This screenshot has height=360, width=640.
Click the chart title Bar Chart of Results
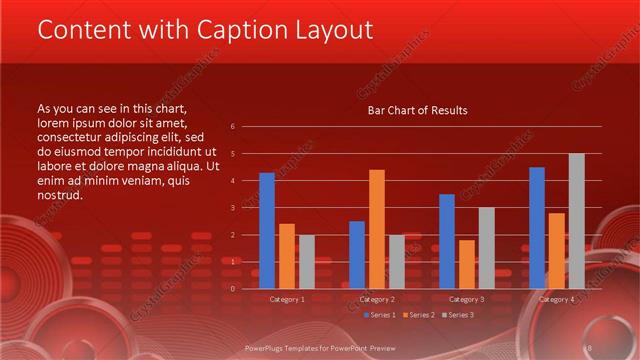click(417, 110)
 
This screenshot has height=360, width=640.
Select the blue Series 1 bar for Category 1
click(267, 230)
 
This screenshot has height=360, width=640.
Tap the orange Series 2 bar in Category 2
click(376, 229)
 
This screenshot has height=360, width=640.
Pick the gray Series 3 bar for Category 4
click(577, 221)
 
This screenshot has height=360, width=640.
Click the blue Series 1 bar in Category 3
click(447, 241)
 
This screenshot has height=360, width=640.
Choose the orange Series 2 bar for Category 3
click(466, 264)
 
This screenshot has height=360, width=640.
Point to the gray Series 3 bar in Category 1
click(307, 262)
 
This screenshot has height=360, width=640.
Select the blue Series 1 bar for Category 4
click(537, 227)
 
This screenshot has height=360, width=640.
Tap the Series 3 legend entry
click(460, 315)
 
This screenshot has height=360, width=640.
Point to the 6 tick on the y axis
click(232, 127)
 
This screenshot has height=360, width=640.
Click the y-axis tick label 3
click(232, 208)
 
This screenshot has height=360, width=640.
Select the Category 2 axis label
click(377, 299)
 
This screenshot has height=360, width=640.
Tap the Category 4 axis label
click(557, 299)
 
